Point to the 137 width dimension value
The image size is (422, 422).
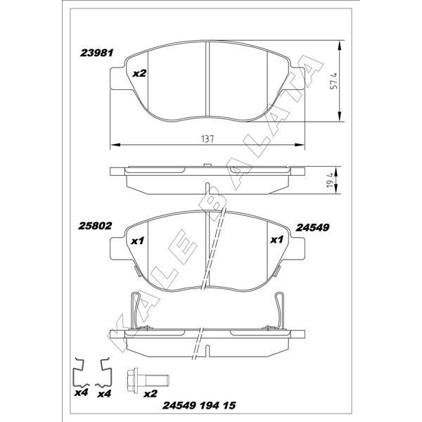207,139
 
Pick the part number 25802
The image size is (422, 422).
94,226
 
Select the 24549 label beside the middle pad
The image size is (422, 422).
314,227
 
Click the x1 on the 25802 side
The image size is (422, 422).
138,241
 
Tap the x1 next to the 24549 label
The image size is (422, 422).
277,240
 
